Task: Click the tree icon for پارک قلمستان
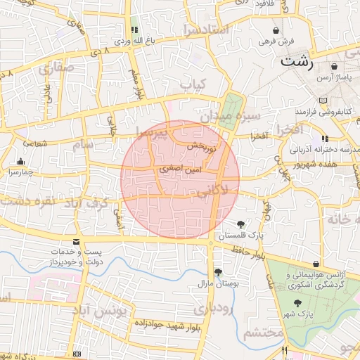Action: point(243,224)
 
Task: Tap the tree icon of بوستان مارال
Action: point(218,272)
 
